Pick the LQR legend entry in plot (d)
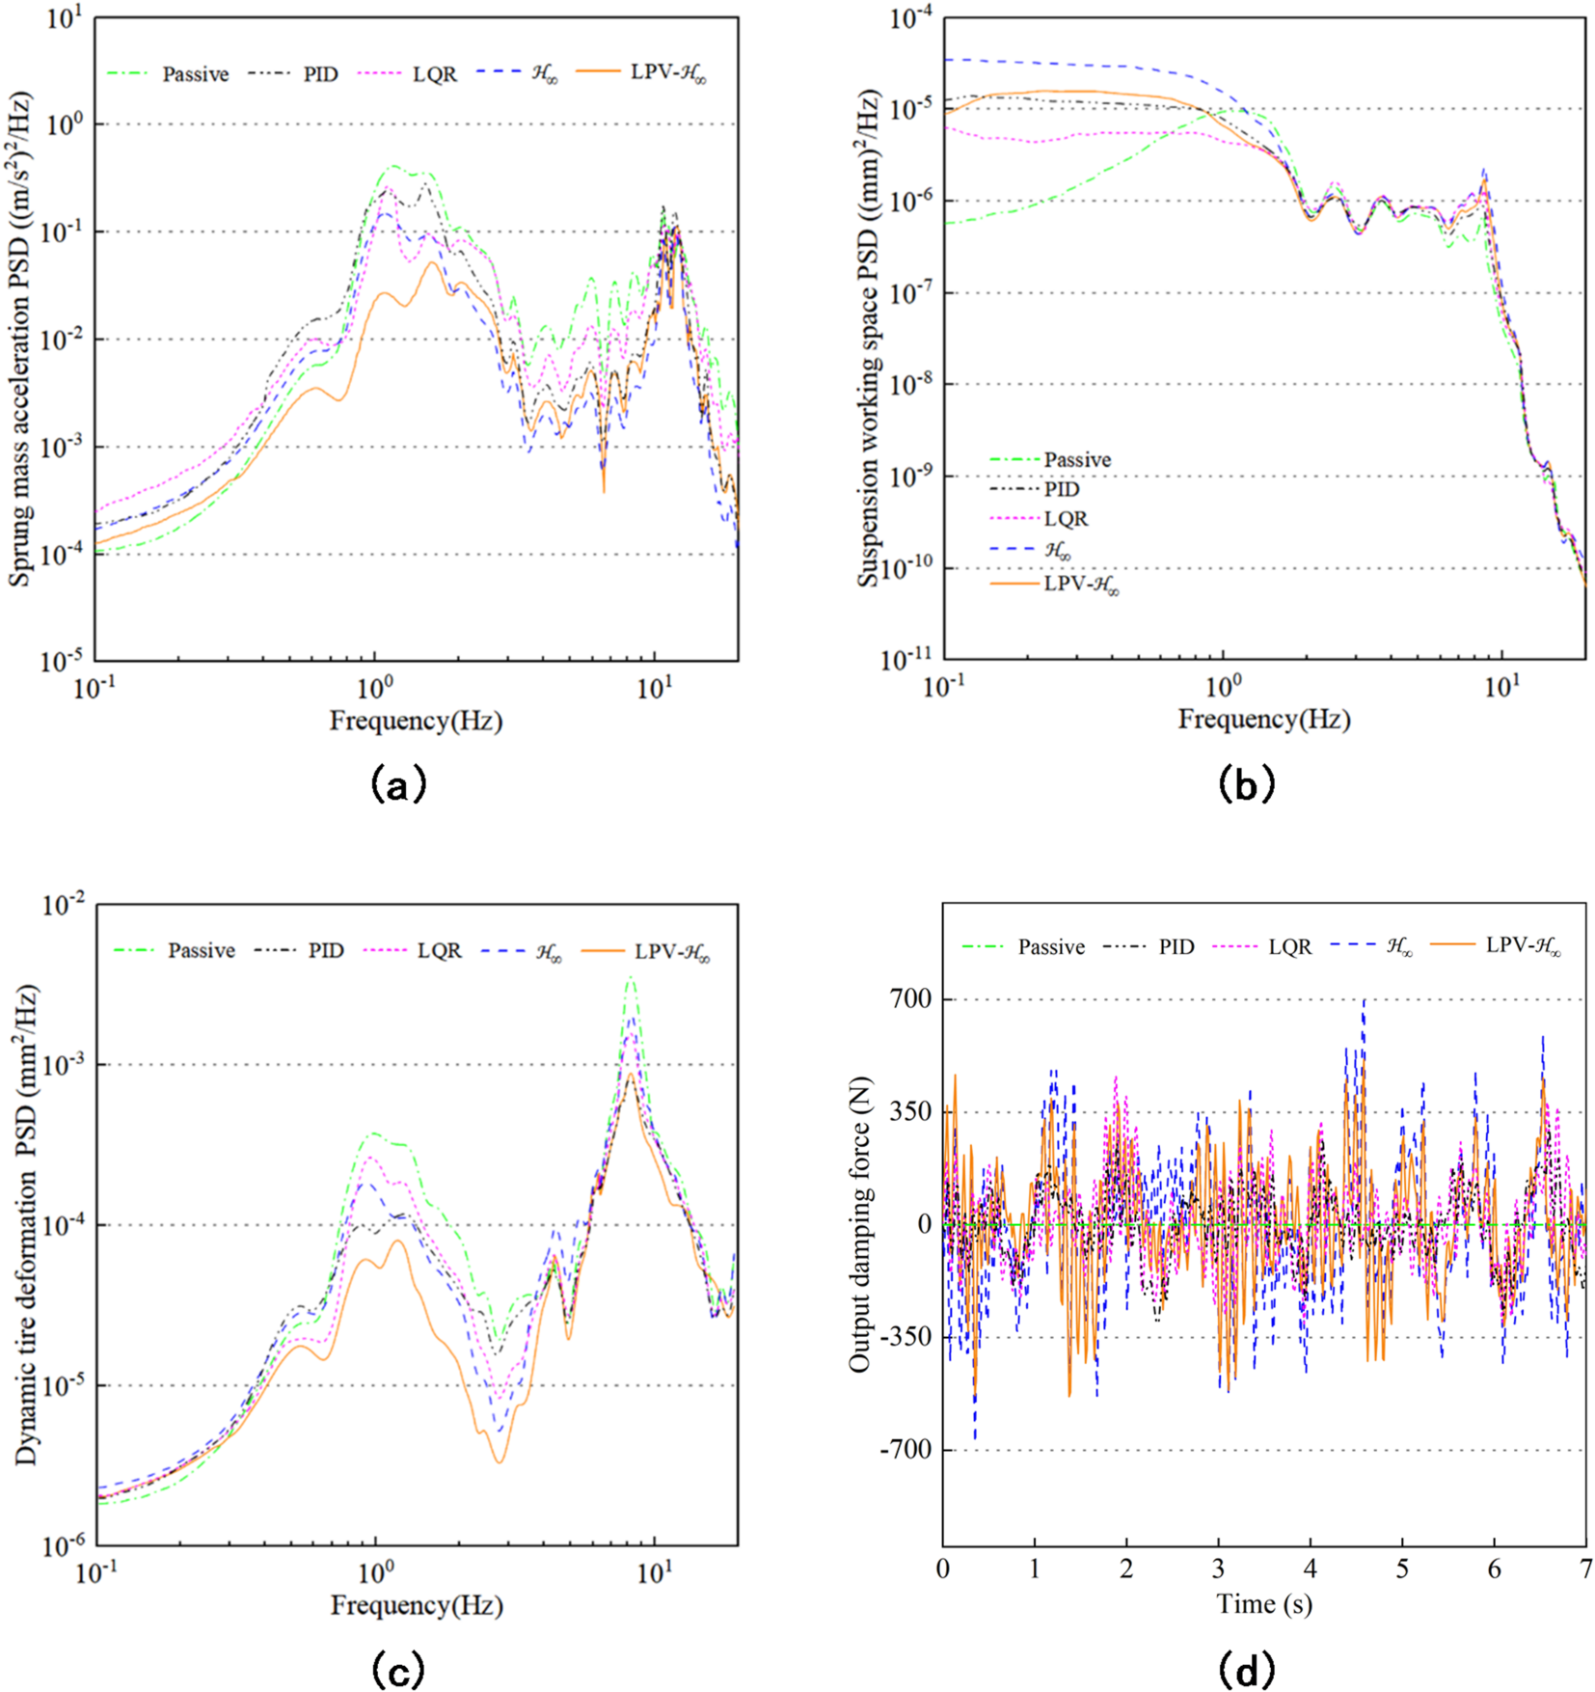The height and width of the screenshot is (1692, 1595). (x=1289, y=947)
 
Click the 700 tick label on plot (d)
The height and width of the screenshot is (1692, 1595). (x=911, y=999)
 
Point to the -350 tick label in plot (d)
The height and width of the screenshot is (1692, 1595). (x=906, y=1337)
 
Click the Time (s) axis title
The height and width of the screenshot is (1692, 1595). (x=1264, y=1604)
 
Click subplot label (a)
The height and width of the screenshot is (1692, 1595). (x=397, y=784)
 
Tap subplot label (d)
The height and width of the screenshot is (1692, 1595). (x=1247, y=1670)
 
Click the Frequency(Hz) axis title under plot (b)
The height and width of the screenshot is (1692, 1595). (x=1264, y=719)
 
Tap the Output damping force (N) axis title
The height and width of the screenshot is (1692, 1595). (x=860, y=1225)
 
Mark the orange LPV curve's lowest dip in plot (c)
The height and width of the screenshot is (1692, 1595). (x=500, y=1462)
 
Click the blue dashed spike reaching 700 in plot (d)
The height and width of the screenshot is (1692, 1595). (x=1364, y=1001)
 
